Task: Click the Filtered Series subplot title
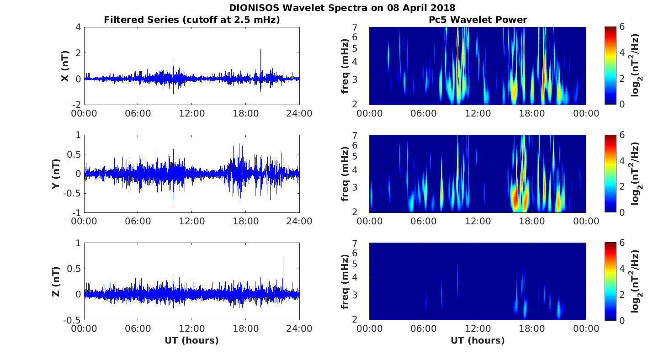pyautogui.click(x=192, y=20)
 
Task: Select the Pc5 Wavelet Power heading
pyautogui.click(x=478, y=20)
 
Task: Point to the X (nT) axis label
pyautogui.click(x=65, y=66)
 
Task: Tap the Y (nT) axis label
pyautogui.click(x=56, y=174)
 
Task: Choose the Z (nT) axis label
pyautogui.click(x=56, y=281)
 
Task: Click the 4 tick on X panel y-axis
pyautogui.click(x=78, y=27)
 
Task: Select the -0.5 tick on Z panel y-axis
pyautogui.click(x=72, y=320)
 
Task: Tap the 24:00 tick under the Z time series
pyautogui.click(x=299, y=329)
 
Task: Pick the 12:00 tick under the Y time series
pyautogui.click(x=191, y=221)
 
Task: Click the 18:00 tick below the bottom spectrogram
pyautogui.click(x=532, y=329)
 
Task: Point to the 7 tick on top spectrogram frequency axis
pyautogui.click(x=354, y=28)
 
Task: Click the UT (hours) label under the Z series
pyautogui.click(x=191, y=340)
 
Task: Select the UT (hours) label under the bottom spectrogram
pyautogui.click(x=478, y=340)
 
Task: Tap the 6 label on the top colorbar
pyautogui.click(x=622, y=27)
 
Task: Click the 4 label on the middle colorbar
pyautogui.click(x=622, y=161)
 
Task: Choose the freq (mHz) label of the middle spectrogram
pyautogui.click(x=345, y=174)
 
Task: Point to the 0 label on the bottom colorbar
pyautogui.click(x=622, y=320)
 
